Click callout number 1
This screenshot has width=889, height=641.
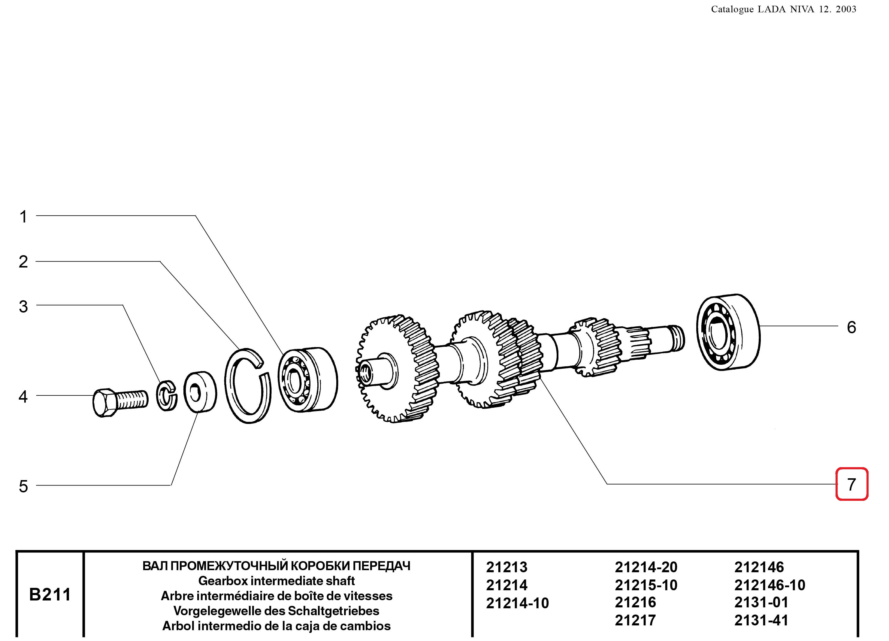coord(23,216)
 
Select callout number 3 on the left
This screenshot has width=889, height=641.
coord(23,306)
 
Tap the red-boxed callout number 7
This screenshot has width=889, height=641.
coord(851,485)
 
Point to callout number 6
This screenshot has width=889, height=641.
coord(851,327)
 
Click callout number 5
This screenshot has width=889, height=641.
coord(23,486)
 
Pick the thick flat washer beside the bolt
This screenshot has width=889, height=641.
coord(200,391)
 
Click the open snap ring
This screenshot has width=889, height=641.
coord(248,386)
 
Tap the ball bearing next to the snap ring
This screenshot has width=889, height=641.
coord(308,379)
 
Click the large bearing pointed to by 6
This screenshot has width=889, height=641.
coord(728,332)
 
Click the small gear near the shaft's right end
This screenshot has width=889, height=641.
coord(596,346)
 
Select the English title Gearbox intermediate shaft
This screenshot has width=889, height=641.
coord(276,581)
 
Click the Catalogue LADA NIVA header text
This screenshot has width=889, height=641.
coord(783,9)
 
